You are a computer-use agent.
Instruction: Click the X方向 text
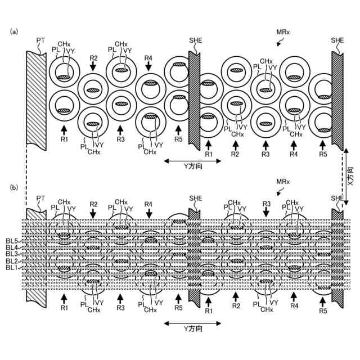tap(350, 175)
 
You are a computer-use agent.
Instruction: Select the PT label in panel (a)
tap(40, 40)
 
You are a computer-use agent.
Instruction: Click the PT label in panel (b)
tap(40, 198)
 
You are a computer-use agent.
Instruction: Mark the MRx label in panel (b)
tap(283, 183)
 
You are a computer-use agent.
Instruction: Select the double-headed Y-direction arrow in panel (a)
tap(192, 161)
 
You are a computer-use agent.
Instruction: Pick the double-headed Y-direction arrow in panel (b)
tap(192, 323)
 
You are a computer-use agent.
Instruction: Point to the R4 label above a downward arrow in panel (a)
tap(148, 58)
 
